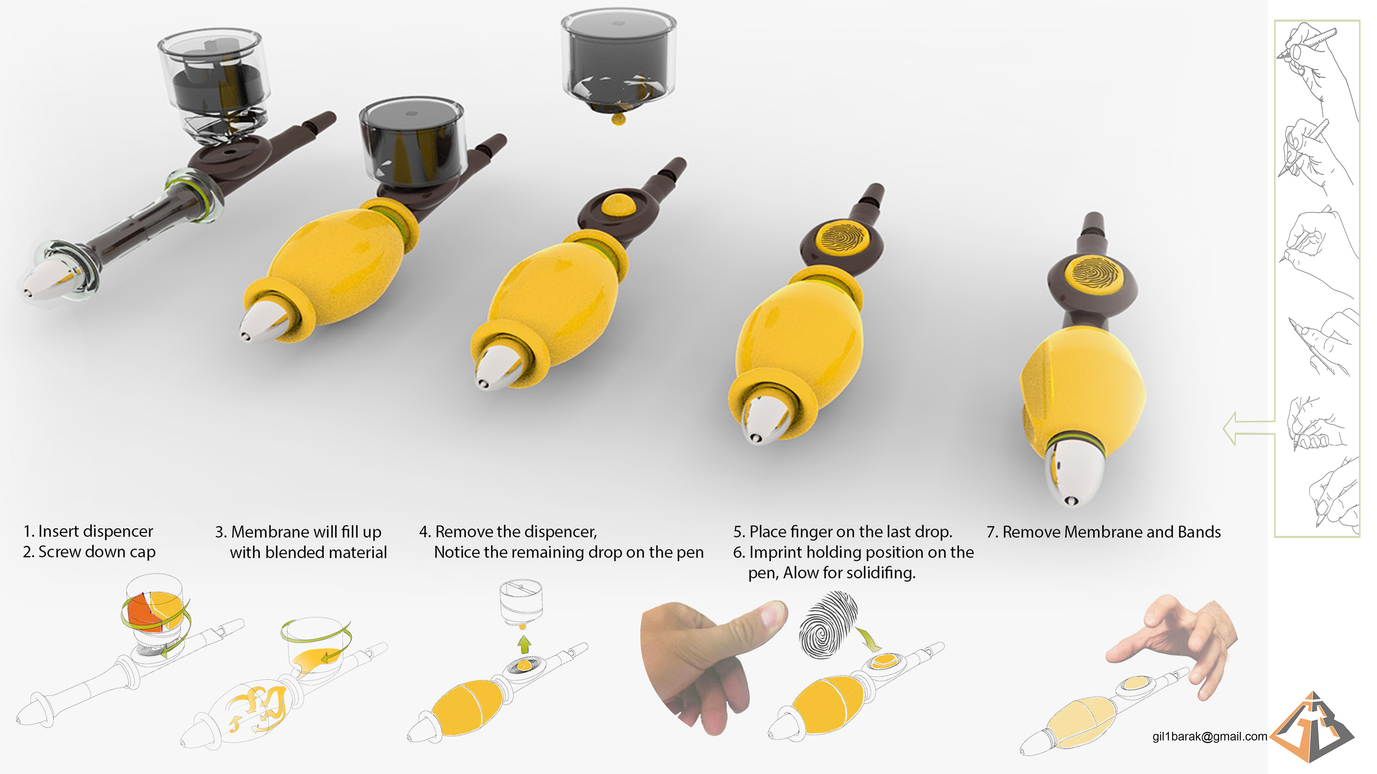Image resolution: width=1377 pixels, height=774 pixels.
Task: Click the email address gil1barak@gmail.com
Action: (1209, 737)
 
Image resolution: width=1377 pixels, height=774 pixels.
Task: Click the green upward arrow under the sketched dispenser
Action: (524, 644)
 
